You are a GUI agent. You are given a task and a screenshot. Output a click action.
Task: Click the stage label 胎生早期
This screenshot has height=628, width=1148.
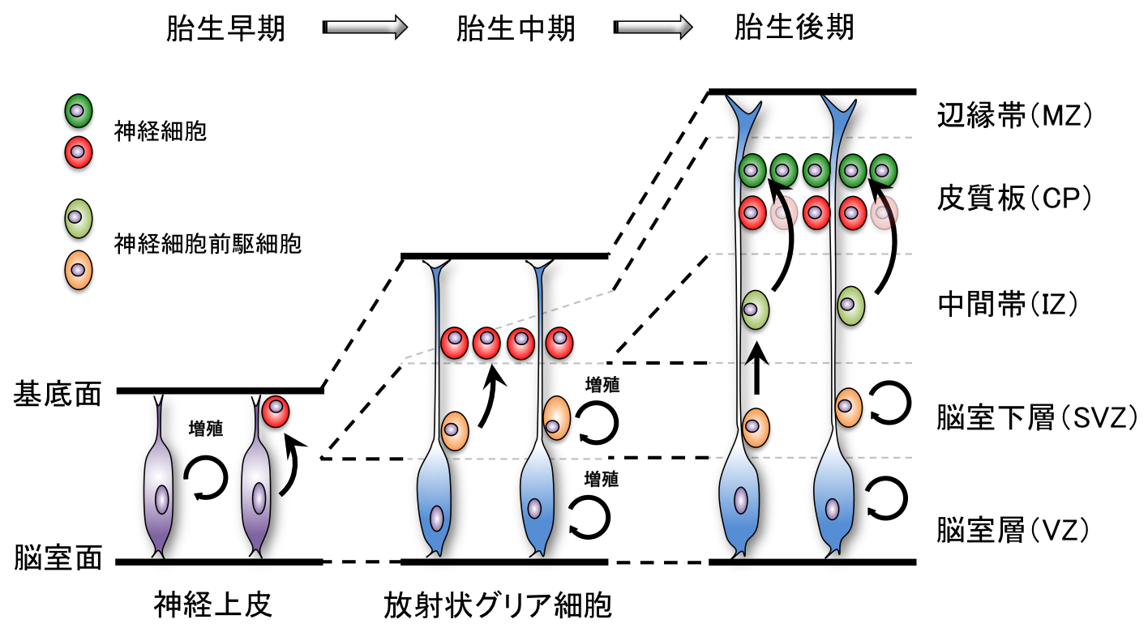pos(225,29)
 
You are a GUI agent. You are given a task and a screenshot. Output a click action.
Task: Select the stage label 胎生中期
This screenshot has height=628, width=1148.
pos(515,29)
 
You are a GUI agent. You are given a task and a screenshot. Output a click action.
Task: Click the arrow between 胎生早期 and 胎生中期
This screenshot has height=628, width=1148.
pos(364,28)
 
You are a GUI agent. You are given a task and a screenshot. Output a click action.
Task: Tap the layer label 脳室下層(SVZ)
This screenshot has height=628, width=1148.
pos(1036,417)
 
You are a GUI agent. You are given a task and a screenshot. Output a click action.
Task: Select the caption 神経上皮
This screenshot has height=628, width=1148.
pos(212,605)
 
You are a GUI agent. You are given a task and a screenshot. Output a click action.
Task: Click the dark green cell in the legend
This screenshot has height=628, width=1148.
pos(79,112)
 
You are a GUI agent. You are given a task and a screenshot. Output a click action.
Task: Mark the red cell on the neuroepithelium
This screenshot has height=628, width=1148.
pos(276,412)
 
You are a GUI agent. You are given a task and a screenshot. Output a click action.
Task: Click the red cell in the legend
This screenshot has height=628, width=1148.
pos(79,154)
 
